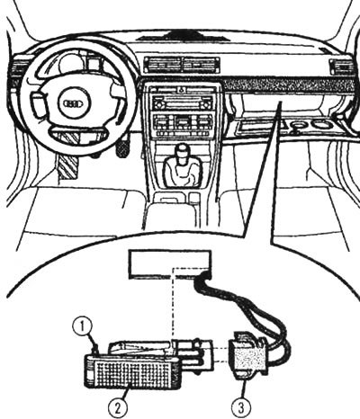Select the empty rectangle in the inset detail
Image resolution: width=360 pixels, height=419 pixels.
pos(170,264)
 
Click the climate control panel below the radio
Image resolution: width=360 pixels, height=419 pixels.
pos(182,124)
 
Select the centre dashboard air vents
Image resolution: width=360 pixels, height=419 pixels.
pos(181,65)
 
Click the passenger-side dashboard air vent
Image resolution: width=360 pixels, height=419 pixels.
pos(339,67)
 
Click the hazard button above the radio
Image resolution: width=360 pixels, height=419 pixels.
pos(181,90)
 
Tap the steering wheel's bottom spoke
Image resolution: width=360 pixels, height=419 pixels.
pos(77,136)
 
